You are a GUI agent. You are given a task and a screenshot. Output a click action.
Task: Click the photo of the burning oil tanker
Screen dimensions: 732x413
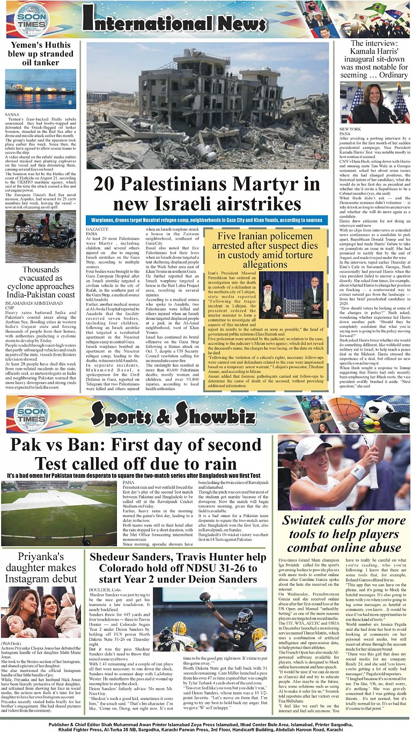click(x=41, y=88)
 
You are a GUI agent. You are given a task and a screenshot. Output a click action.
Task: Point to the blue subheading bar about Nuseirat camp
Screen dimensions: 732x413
click(x=206, y=220)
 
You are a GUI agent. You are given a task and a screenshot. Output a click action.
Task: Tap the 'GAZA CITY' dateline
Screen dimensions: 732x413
click(x=97, y=229)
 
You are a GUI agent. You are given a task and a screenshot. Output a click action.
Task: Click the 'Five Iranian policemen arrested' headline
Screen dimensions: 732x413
click(x=265, y=250)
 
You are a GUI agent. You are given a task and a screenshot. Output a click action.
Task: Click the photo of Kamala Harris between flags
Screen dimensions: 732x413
click(x=374, y=103)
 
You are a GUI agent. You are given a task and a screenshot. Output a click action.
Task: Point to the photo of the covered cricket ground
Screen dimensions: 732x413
click(x=59, y=512)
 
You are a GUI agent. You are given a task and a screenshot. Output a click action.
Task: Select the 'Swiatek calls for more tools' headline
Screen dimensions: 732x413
click(x=343, y=534)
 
